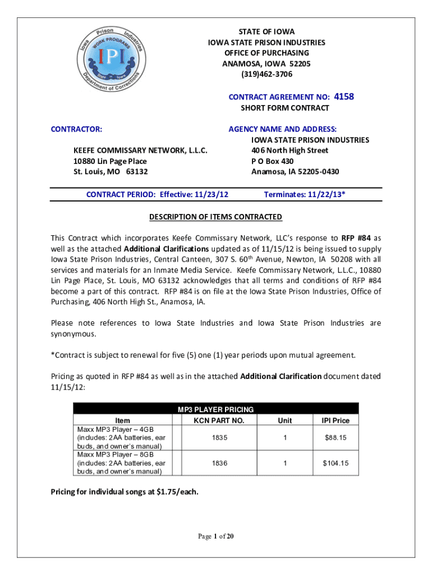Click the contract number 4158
[x=344, y=97]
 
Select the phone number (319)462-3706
[x=266, y=74]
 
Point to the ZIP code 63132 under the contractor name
[x=137, y=172]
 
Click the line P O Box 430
[x=274, y=161]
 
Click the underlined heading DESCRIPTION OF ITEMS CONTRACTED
[x=215, y=217]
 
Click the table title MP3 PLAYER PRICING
[x=216, y=409]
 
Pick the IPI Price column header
[x=335, y=421]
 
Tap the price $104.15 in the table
[x=335, y=463]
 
